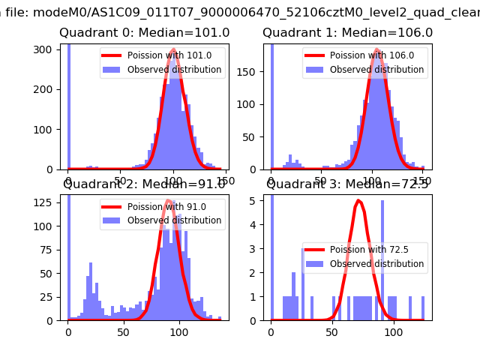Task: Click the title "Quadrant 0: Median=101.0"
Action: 145,33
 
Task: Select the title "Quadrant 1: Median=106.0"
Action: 347,33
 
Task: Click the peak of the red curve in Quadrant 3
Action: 359,201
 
